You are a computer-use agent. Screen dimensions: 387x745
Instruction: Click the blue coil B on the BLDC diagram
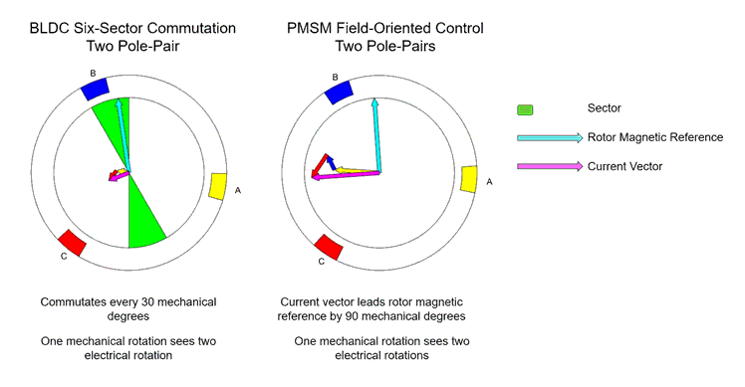point(95,88)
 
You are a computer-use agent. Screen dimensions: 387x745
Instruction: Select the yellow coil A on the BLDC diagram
point(218,187)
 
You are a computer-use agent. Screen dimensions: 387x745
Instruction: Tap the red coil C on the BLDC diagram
point(70,243)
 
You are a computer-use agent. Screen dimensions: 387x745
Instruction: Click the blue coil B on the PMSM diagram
point(340,92)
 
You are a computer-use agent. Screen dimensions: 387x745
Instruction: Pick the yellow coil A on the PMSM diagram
point(469,178)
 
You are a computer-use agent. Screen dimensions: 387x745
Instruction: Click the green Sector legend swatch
point(525,108)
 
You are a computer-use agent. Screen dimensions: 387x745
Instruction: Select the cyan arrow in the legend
point(549,137)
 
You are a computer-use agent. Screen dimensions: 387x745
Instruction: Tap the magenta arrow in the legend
point(549,165)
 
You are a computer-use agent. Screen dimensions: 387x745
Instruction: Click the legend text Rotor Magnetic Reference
point(655,136)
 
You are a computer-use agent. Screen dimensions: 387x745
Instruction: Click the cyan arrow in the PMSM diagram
point(376,134)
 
